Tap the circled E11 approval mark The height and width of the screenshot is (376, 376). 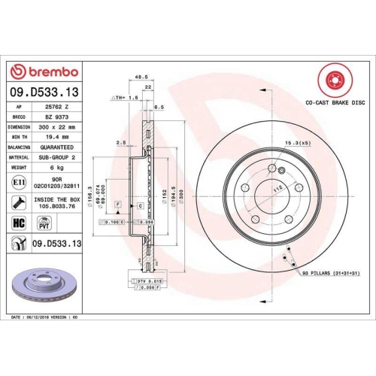tap(19, 182)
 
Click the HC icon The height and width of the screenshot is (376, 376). tap(20, 223)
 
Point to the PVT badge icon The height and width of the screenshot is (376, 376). tap(44, 223)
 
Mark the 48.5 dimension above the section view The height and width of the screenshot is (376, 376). tap(139, 76)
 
